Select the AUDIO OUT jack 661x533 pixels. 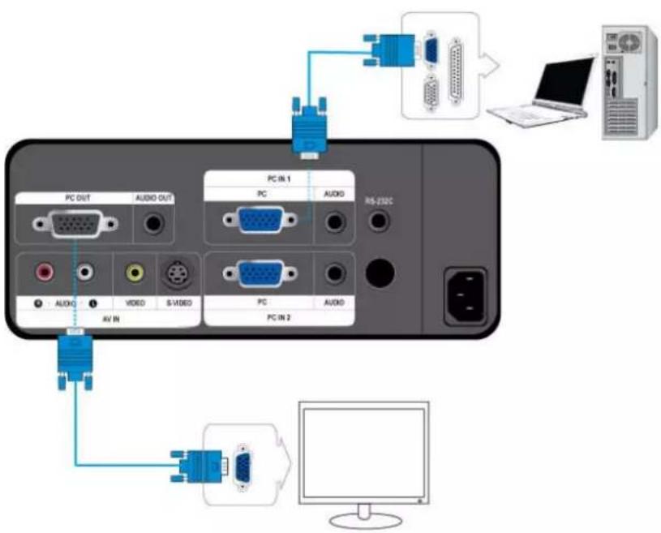coord(152,223)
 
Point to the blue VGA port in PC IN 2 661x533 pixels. coord(260,274)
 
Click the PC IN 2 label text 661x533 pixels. coord(278,317)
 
